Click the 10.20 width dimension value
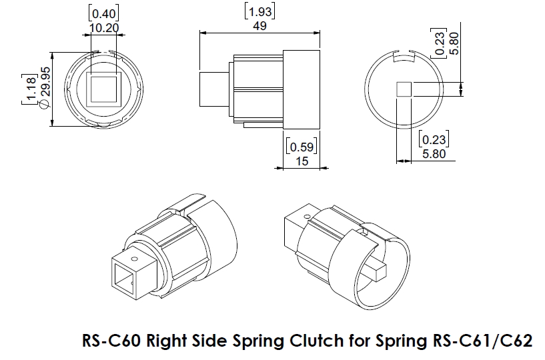102,27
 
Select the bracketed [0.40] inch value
102,13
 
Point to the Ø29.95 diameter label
45,91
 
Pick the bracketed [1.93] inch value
261,11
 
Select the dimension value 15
301,160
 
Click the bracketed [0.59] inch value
301,146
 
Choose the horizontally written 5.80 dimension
433,153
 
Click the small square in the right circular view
404,89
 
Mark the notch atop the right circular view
404,60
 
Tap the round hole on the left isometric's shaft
135,258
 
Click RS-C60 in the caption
111,341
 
